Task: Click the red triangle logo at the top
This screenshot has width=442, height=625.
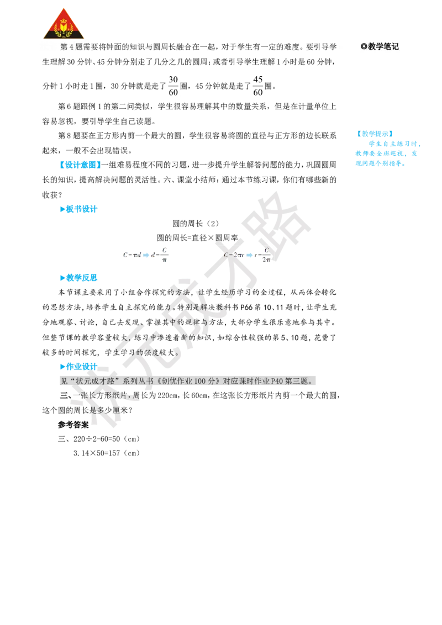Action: pyautogui.click(x=64, y=24)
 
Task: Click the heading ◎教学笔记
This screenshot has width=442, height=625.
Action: pyautogui.click(x=380, y=46)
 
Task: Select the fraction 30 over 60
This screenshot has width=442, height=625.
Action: pyautogui.click(x=173, y=86)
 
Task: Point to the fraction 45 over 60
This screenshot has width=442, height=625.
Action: pyautogui.click(x=257, y=86)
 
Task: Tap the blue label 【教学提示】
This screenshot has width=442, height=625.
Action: pyautogui.click(x=375, y=134)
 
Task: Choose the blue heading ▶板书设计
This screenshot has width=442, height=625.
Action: pyautogui.click(x=78, y=209)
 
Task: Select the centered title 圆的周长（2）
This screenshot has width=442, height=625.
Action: pyautogui.click(x=196, y=224)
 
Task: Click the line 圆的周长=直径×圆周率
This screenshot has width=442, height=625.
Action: pyautogui.click(x=197, y=238)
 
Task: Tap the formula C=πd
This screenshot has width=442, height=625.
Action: pyautogui.click(x=132, y=255)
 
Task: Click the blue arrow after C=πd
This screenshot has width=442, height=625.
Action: pyautogui.click(x=146, y=255)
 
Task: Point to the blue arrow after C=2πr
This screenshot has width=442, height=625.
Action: pyautogui.click(x=249, y=255)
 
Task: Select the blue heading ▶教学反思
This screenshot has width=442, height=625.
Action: pyautogui.click(x=78, y=278)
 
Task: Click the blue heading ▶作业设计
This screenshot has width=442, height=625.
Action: pyautogui.click(x=78, y=366)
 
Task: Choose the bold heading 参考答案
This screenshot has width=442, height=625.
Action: pyautogui.click(x=73, y=425)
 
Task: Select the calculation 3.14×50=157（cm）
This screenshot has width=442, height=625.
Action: pyautogui.click(x=107, y=453)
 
